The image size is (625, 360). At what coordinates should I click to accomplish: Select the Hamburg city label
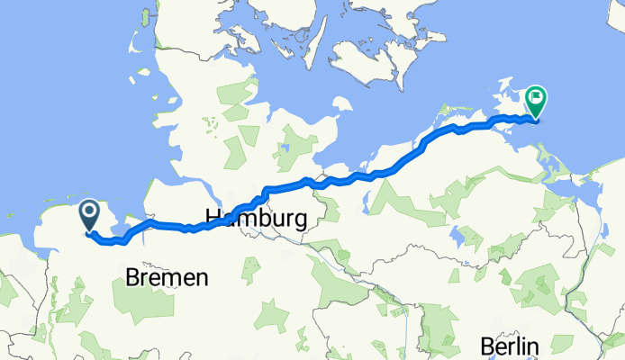pos(257,219)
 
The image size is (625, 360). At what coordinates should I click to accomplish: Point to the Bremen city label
pos(168,278)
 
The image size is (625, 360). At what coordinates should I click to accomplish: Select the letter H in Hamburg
pos(214,219)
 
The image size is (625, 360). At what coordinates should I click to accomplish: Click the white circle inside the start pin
pos(91,212)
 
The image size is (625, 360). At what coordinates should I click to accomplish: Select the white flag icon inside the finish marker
pos(537,95)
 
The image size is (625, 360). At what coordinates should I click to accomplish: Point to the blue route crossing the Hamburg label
pos(236,214)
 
